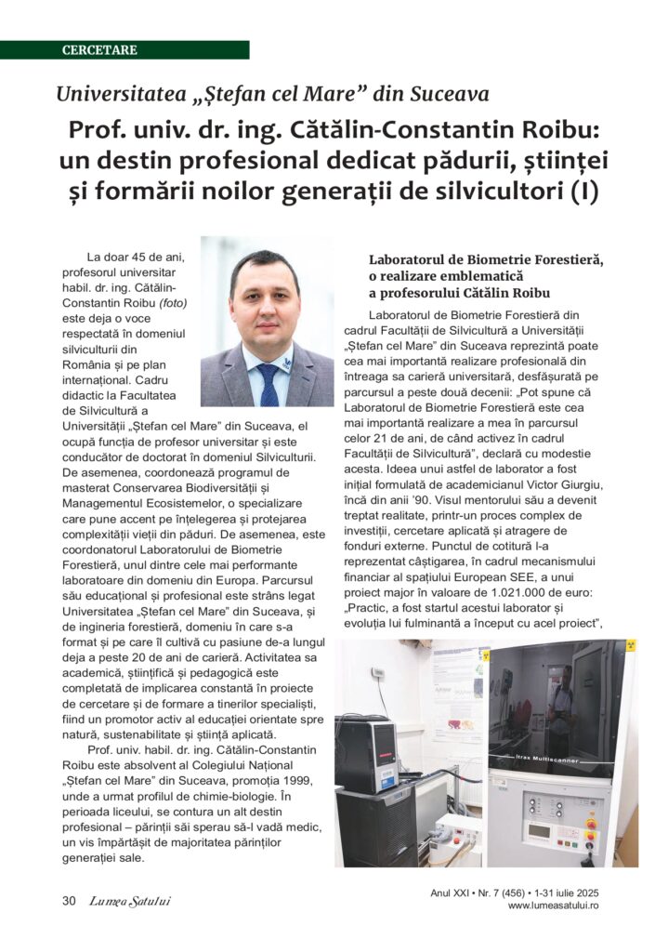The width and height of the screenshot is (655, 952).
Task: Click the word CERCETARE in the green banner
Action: (x=99, y=49)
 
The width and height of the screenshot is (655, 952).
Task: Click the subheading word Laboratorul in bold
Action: (x=410, y=259)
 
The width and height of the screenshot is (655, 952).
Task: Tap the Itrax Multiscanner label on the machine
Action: (x=557, y=759)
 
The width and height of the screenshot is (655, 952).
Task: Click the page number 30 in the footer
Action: (x=69, y=900)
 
